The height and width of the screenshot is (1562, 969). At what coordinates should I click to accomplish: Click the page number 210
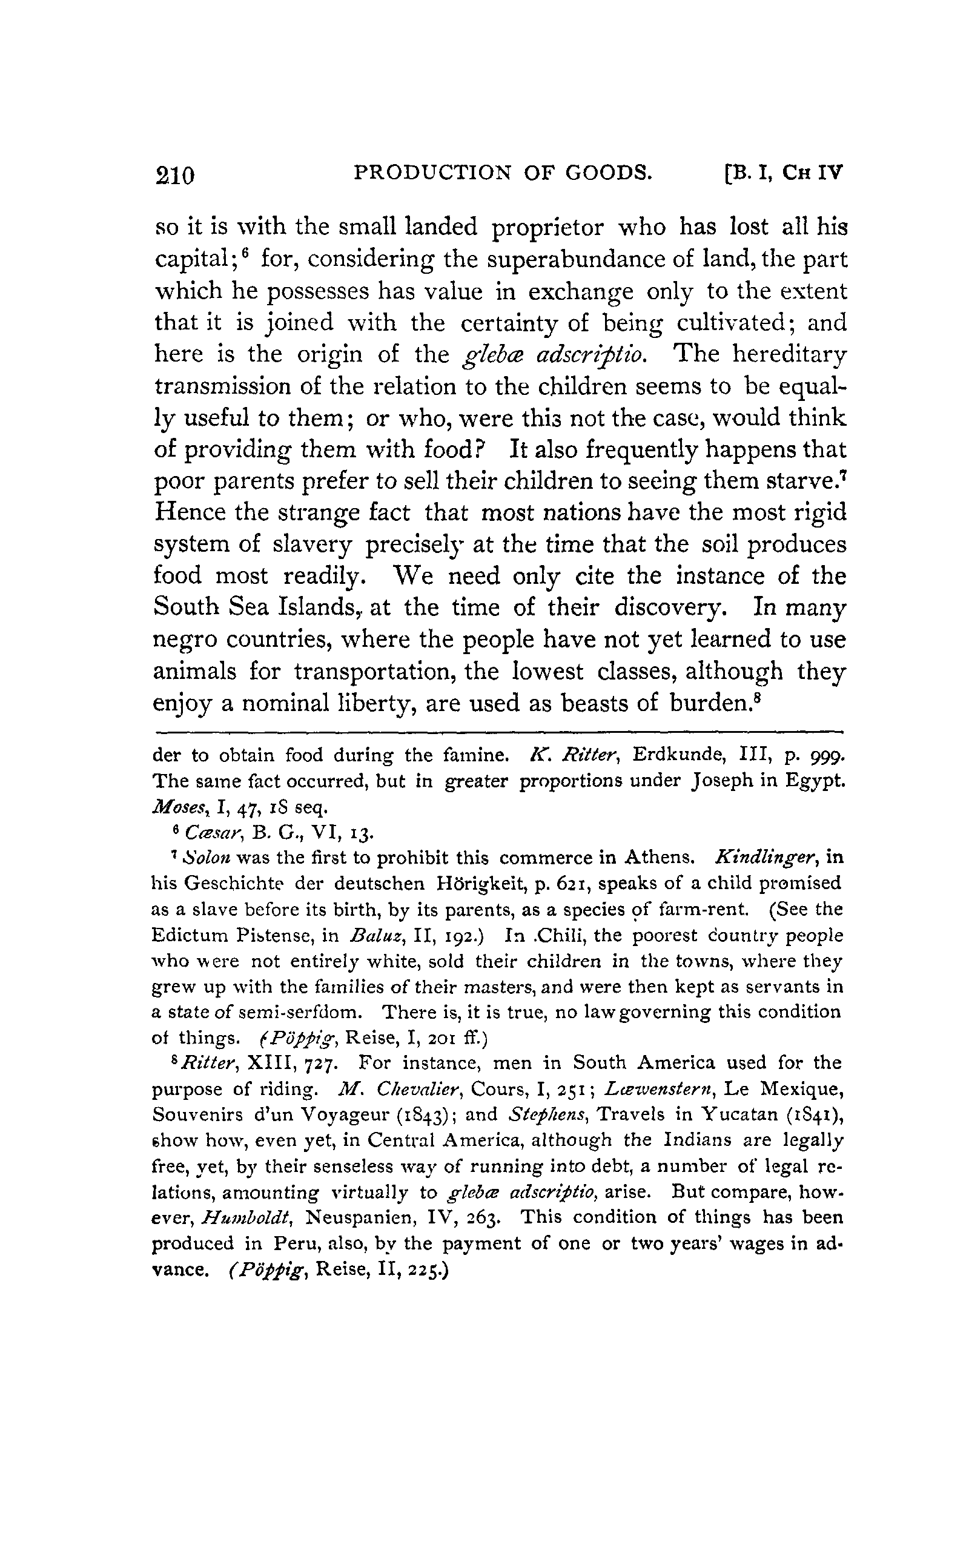pyautogui.click(x=174, y=175)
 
